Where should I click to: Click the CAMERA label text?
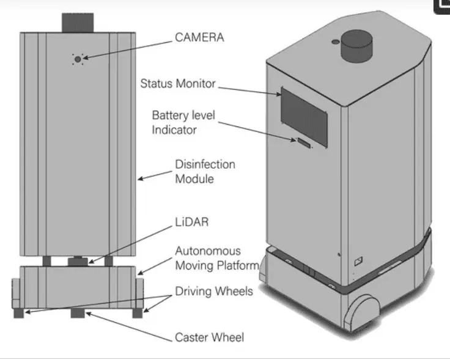click(199, 37)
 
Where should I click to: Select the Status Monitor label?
click(178, 83)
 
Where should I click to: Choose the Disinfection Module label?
click(205, 172)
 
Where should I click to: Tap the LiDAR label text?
click(192, 221)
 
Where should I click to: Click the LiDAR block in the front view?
click(78, 261)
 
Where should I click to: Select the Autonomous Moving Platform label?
click(208, 258)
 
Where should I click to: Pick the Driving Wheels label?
click(214, 292)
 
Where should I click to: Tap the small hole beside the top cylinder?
click(333, 42)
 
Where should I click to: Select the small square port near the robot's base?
click(358, 260)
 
